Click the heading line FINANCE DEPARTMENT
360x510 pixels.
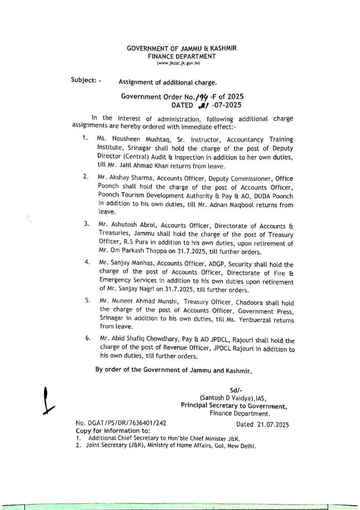coord(182,57)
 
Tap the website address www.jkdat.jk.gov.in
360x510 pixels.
coord(182,63)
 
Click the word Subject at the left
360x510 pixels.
coord(83,80)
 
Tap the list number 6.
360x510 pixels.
coord(86,338)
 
